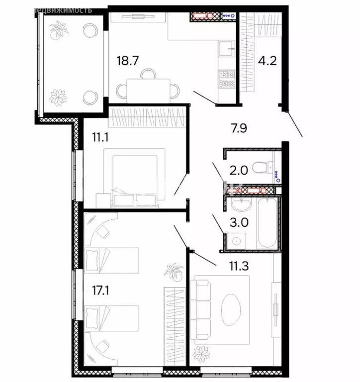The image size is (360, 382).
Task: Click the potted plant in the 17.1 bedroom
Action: (174, 272)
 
